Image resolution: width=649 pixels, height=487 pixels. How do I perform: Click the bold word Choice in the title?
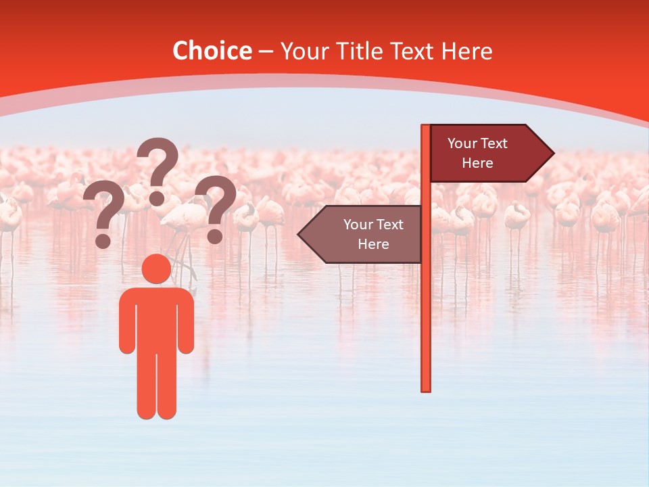pos(212,51)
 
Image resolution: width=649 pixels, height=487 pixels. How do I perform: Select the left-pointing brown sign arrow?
pos(362,234)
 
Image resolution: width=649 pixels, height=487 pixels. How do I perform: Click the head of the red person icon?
pos(156,269)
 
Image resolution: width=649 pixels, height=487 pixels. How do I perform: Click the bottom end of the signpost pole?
pos(426,388)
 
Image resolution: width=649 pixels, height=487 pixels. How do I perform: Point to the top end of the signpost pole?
pos(426,128)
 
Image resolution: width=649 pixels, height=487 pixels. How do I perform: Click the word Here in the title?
pos(466,51)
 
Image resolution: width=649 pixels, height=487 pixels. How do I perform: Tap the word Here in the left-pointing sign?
pos(373,244)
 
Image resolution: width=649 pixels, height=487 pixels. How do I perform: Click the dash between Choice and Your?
pos(266,51)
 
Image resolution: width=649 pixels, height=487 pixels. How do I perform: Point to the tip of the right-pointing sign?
pos(552,154)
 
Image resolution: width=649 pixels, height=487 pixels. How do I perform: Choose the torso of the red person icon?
pos(156,318)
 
